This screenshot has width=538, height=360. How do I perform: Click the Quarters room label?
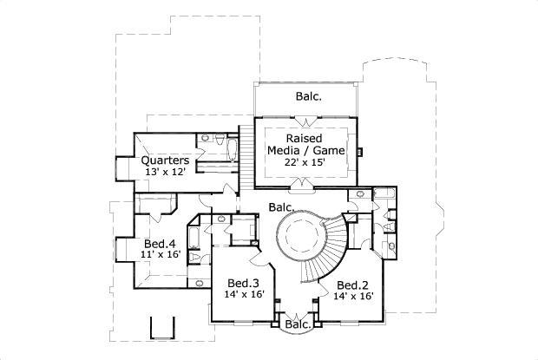[166, 160]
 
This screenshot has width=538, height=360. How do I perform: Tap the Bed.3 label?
[243, 284]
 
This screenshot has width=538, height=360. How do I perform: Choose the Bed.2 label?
[353, 285]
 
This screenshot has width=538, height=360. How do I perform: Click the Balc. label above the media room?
[308, 98]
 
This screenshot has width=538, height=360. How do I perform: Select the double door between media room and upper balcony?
[305, 116]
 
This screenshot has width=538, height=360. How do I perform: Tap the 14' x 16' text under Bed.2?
[353, 296]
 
